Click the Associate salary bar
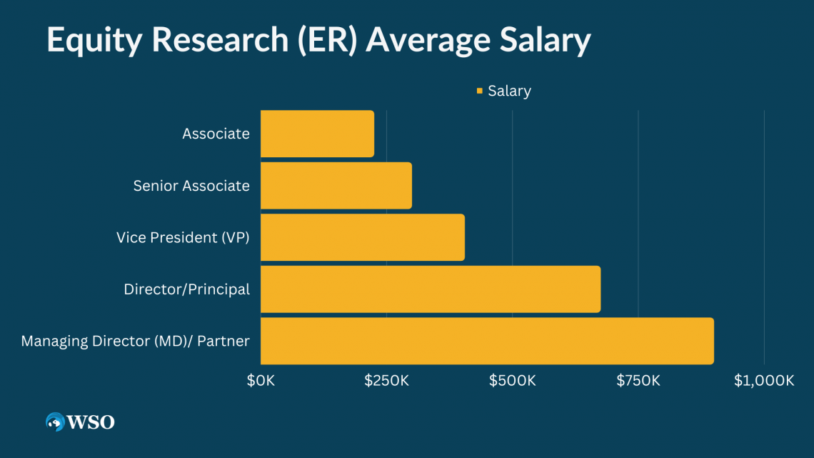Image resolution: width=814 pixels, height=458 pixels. click(317, 134)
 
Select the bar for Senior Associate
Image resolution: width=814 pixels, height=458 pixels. click(336, 186)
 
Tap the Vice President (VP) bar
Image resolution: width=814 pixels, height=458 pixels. click(362, 237)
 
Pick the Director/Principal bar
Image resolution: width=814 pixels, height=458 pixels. click(430, 289)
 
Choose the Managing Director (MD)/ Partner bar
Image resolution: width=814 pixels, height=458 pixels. click(486, 341)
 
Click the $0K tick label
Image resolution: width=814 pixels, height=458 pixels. click(261, 381)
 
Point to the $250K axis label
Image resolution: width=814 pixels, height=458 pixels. click(387, 381)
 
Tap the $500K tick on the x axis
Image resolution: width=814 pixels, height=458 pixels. click(513, 381)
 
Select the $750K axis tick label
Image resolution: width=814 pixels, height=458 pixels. click(638, 381)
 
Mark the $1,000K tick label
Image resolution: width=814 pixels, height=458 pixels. click(764, 381)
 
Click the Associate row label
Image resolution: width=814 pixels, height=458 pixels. click(216, 134)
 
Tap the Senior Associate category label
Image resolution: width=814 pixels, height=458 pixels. click(191, 186)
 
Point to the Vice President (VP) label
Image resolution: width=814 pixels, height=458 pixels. click(183, 237)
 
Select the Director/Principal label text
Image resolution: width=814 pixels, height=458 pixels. click(186, 289)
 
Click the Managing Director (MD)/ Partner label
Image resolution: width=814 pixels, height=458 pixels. click(135, 341)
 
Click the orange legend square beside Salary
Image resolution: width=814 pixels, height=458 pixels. click(479, 91)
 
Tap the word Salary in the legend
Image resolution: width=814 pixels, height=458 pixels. click(509, 91)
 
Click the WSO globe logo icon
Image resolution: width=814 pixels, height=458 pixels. click(55, 422)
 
